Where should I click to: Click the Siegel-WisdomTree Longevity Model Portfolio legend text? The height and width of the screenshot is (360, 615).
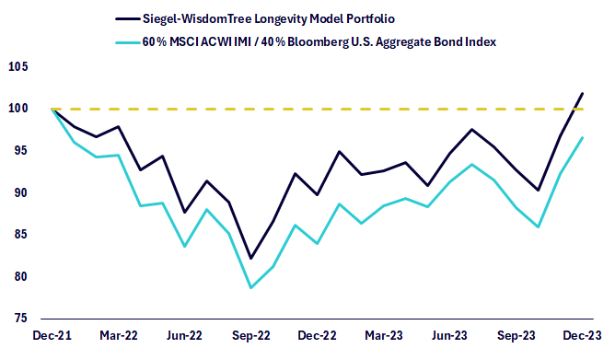pos(269,18)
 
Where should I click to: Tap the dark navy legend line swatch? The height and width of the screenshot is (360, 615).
pos(128,18)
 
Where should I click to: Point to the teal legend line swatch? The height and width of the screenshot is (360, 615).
pos(128,42)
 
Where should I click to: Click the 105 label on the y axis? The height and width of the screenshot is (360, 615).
pos(18,66)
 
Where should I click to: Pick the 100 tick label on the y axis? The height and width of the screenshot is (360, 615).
pos(18,109)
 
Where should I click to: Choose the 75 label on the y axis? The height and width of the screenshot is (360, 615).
pos(22,318)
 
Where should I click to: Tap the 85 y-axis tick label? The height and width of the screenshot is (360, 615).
pos(22,234)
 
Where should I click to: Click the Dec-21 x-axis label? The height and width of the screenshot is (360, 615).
pos(52,336)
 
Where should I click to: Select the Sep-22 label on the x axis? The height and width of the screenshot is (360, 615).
pos(251,336)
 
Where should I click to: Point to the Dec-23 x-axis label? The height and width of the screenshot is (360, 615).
pos(582,336)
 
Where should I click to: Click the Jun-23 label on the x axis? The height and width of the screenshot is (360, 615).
pos(449,336)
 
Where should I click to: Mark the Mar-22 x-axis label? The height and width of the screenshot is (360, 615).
pos(119,336)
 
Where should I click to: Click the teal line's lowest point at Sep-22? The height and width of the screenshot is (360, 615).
pos(251,288)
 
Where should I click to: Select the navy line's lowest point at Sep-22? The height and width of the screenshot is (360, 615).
pos(251,259)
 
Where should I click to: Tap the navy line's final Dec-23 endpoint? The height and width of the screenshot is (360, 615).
pos(583,93)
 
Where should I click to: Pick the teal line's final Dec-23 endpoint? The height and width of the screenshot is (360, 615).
pos(583,138)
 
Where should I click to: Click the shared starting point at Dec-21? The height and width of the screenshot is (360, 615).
pos(52,109)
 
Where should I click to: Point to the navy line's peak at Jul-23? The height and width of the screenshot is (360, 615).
pos(472,129)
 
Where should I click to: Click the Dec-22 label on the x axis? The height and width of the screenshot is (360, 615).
pos(318,336)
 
